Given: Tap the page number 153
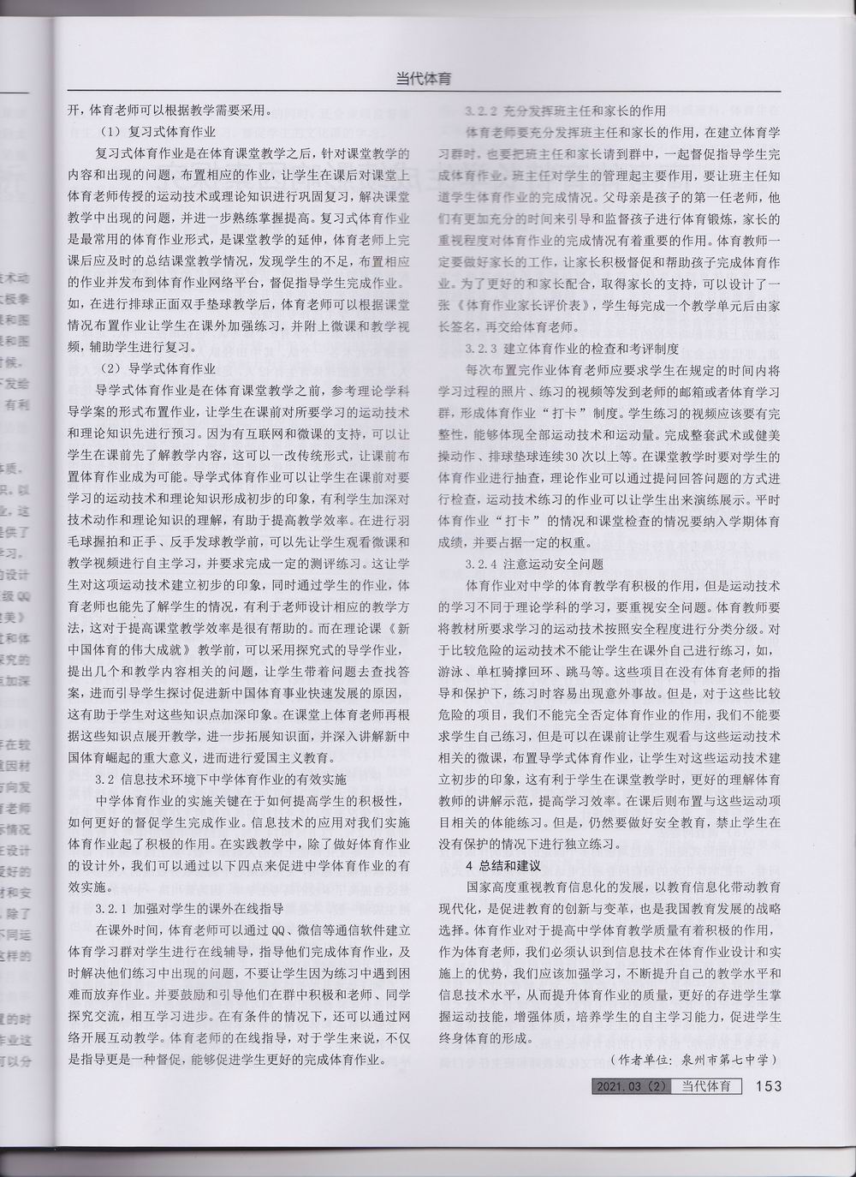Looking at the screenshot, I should (x=769, y=1086).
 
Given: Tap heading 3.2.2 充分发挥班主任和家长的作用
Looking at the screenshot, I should (x=565, y=111).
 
